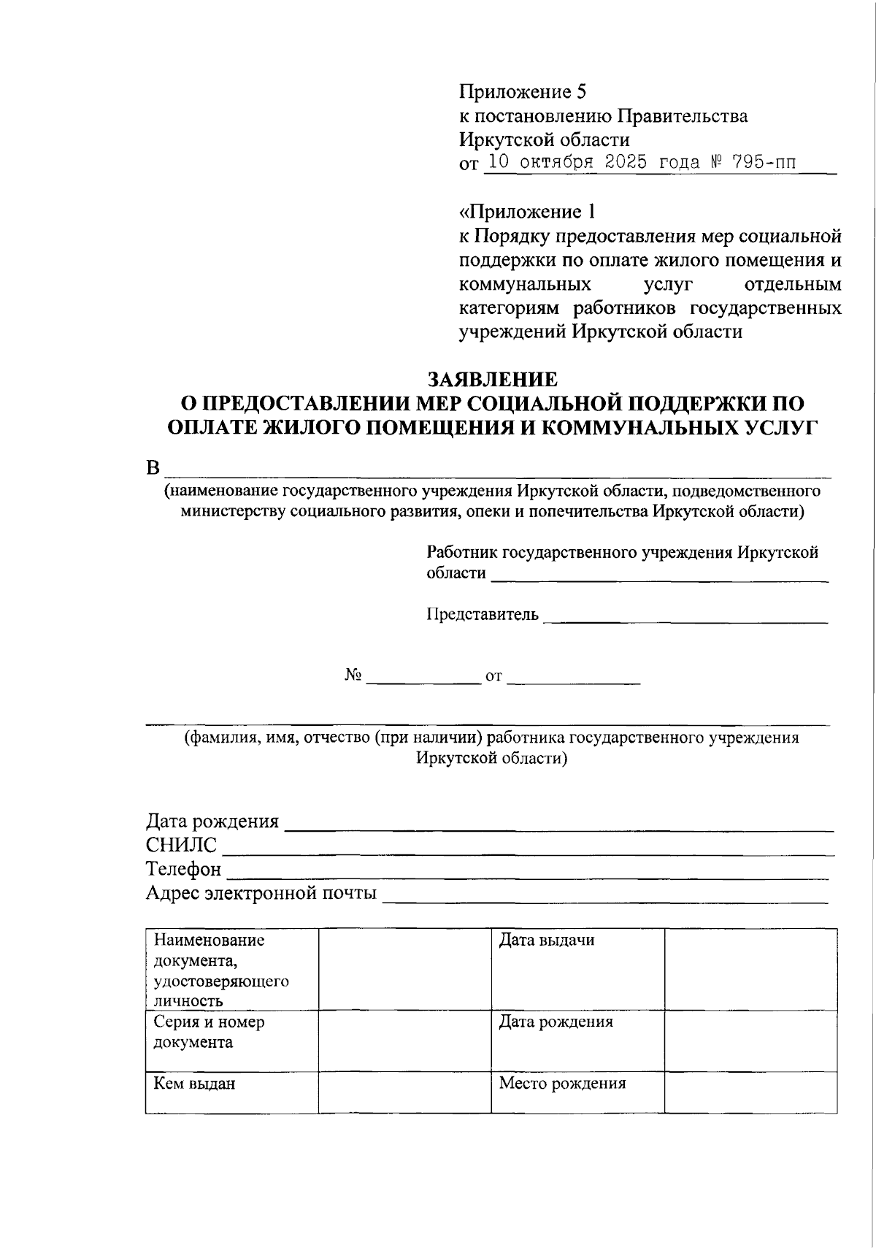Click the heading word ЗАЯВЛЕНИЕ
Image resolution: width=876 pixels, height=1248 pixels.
[x=492, y=380]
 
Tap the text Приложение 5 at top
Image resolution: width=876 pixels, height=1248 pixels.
[x=523, y=92]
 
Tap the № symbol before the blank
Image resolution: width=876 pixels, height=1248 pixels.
[x=353, y=676]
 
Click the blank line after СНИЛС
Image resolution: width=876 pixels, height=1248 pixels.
[x=527, y=851]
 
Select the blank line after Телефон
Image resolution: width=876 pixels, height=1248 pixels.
[x=527, y=875]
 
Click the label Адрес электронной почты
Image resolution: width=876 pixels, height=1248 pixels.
[x=261, y=892]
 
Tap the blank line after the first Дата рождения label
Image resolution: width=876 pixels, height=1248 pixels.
[x=558, y=827]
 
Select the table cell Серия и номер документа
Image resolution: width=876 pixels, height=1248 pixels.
[x=209, y=1032]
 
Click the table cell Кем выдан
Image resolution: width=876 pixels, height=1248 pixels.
[x=194, y=1083]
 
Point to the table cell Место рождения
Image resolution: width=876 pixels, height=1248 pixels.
[x=562, y=1083]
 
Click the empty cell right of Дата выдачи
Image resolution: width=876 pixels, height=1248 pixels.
[x=750, y=969]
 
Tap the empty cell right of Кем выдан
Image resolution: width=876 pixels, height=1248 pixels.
[x=404, y=1092]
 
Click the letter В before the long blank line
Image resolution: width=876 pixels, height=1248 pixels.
[x=153, y=467]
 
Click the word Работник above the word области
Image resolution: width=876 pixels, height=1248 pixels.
[x=462, y=552]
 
